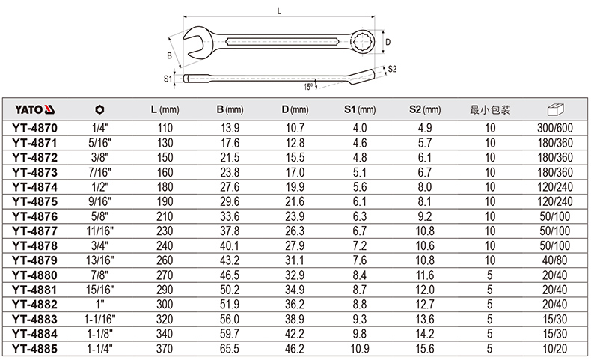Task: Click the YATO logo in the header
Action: pos(34,110)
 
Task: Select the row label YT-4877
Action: pos(34,231)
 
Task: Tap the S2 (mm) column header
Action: pos(425,110)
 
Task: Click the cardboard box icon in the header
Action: pos(555,109)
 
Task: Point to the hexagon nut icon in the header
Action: pos(99,110)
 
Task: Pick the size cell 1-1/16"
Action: pos(99,320)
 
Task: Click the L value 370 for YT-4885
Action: pos(165,349)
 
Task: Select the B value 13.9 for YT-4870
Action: pos(230,128)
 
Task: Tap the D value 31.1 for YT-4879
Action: pos(295,260)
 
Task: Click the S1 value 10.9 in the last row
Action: pos(360,349)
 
